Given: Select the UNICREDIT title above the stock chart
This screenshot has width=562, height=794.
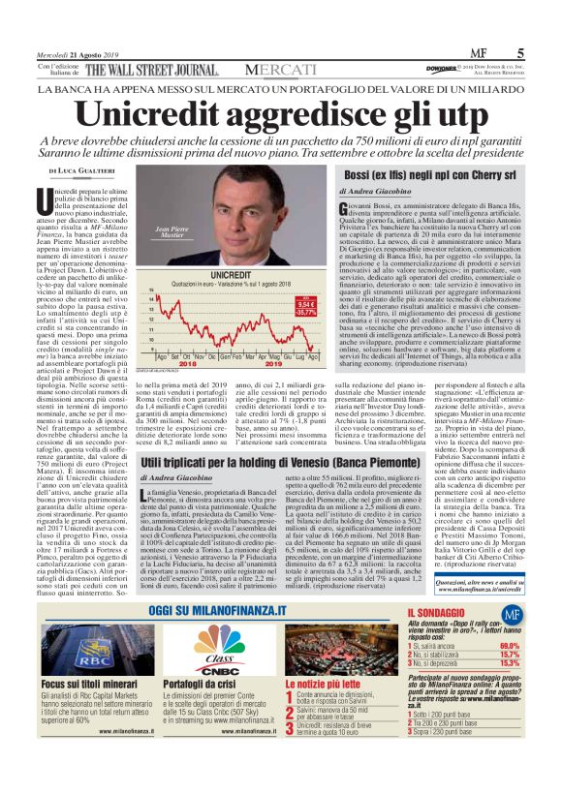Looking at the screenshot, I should click(x=219, y=249).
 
